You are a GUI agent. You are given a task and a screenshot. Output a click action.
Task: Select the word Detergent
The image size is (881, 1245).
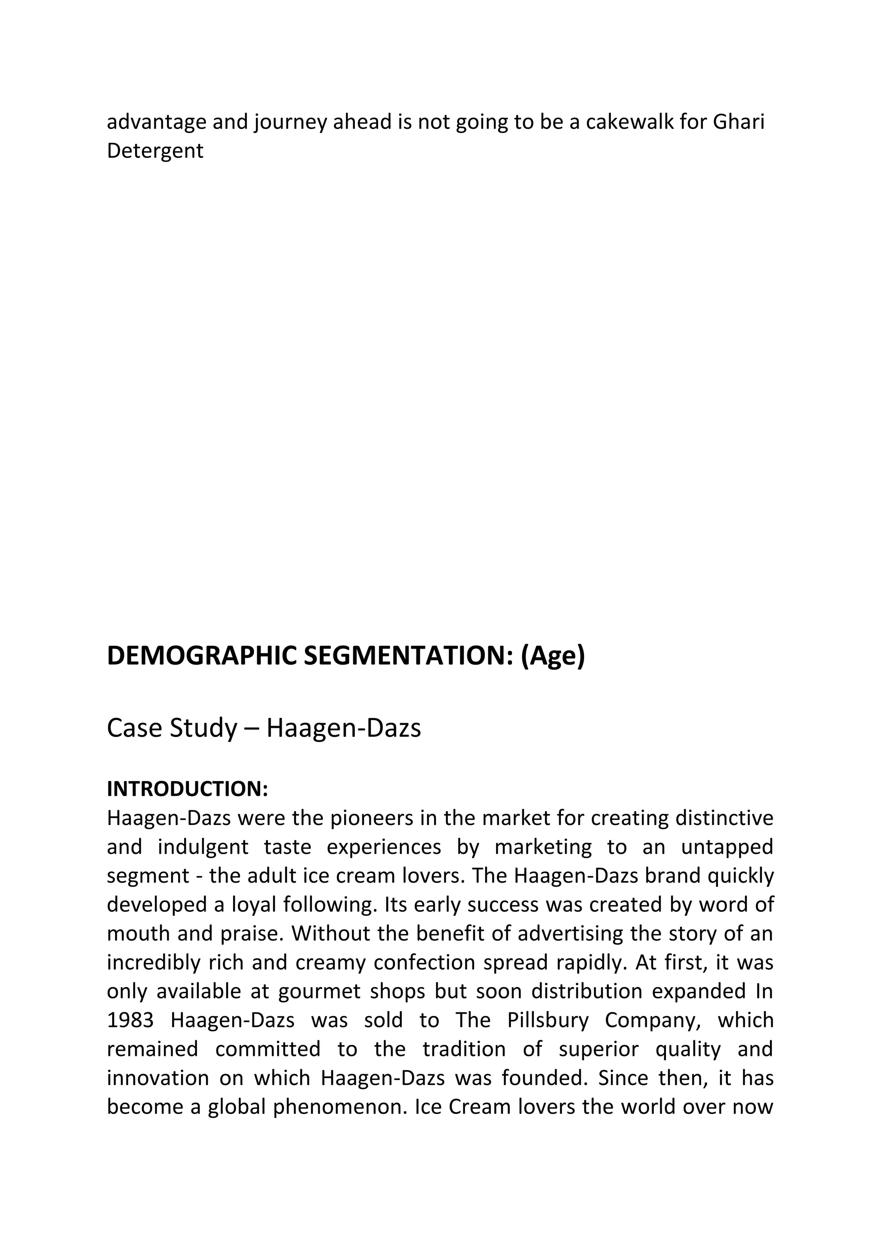pyautogui.click(x=155, y=151)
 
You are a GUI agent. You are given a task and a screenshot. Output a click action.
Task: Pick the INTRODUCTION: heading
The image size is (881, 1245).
pyautogui.click(x=188, y=789)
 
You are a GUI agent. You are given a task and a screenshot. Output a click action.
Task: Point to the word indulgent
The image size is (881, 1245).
pyautogui.click(x=203, y=847)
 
